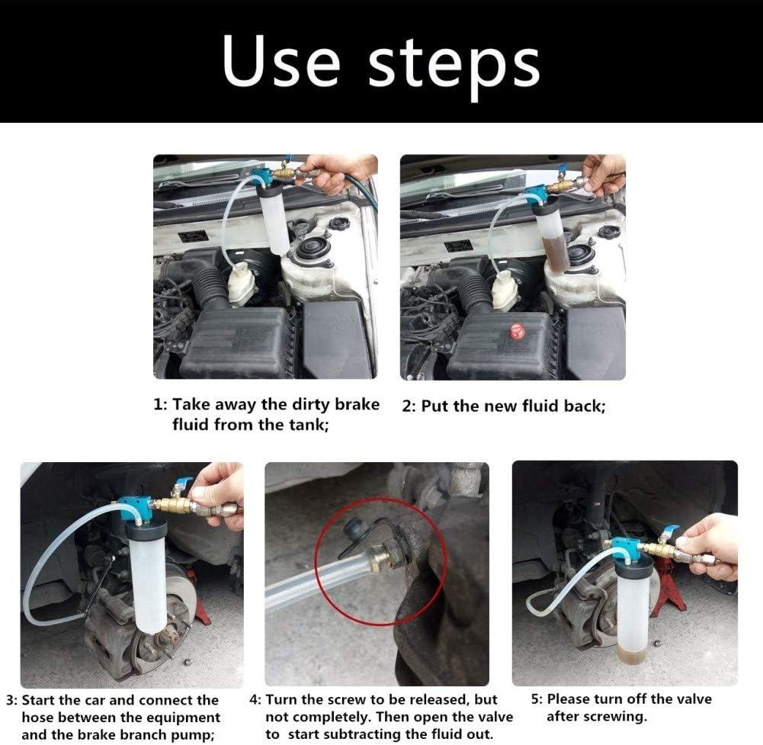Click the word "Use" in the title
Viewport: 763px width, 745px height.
280,63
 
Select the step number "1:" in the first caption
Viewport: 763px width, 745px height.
161,405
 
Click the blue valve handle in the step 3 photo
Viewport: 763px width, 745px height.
183,483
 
